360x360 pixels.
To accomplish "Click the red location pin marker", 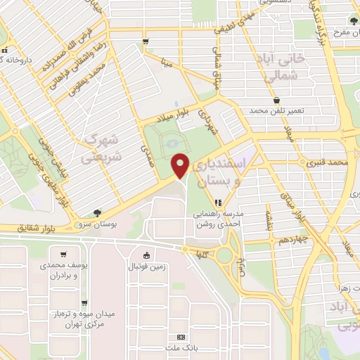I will point(181,165).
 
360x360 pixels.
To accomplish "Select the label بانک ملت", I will point(181,348).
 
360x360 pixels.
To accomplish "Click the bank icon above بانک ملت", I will point(181,337).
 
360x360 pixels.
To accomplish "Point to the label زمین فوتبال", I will point(146,266).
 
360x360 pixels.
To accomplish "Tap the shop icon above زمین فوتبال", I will point(146,255).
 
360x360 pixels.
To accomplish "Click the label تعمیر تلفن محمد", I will point(280,110).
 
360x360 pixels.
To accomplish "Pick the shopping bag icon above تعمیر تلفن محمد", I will point(280,100).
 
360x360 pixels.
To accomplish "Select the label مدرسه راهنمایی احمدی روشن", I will point(217,219).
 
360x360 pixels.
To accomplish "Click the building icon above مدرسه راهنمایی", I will point(217,202).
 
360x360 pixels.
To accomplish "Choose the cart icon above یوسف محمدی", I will point(64,255).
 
